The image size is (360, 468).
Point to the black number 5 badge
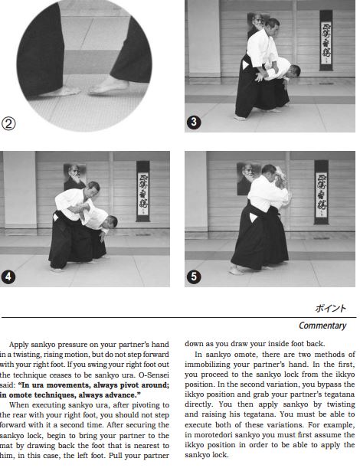(196, 277)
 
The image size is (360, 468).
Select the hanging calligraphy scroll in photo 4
(142, 189)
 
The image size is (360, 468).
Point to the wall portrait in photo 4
(74, 174)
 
